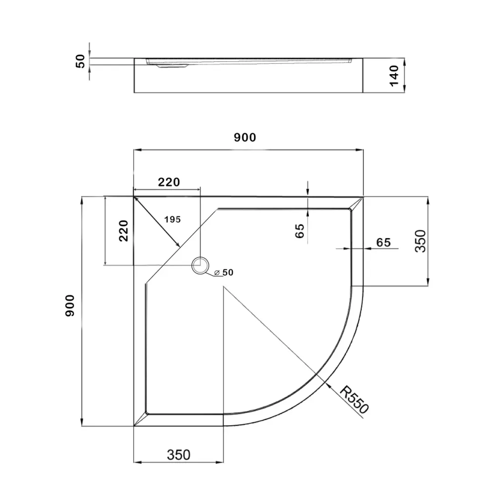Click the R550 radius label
(354, 400)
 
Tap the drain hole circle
(200, 265)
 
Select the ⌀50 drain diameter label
(224, 273)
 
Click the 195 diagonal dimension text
(172, 219)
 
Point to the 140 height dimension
(394, 76)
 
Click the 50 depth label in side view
(81, 61)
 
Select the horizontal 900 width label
(245, 137)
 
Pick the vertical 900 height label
(70, 306)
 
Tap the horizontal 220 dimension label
(169, 182)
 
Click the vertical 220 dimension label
(123, 231)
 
